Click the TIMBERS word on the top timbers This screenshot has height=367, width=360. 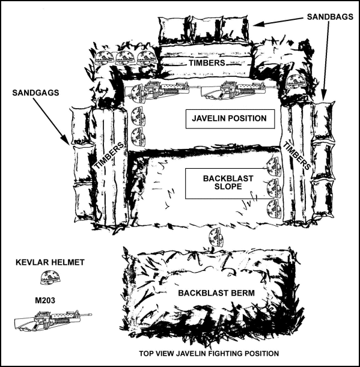(x=206, y=62)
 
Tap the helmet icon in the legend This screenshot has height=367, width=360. (x=47, y=278)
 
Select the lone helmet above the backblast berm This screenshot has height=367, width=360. (x=215, y=237)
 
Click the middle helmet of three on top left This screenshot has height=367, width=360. (x=125, y=58)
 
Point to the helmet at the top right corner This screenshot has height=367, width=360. (x=296, y=81)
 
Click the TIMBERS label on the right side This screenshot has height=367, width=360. (x=297, y=156)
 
